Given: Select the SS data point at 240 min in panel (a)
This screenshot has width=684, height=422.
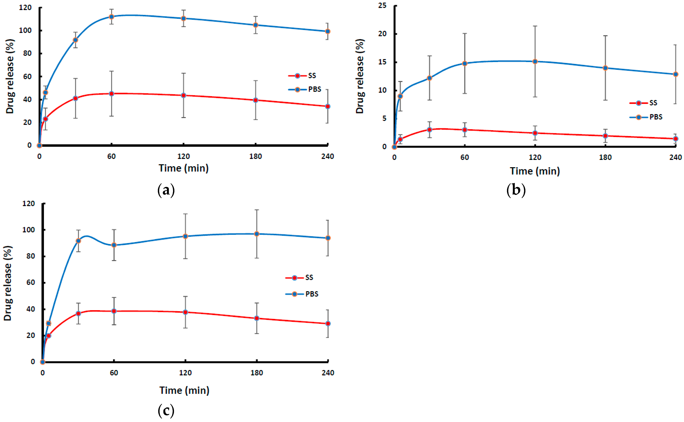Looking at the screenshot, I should [327, 106].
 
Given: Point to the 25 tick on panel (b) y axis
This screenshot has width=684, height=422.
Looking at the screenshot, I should [382, 5].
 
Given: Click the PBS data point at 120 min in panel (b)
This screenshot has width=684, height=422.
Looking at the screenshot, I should [535, 61].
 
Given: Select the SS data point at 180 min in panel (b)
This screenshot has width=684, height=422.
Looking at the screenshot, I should [605, 136].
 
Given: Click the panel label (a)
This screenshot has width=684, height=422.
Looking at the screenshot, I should [166, 190].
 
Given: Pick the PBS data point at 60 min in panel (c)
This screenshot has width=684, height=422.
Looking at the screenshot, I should [114, 245].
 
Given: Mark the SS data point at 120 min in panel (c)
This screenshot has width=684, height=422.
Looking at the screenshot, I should [185, 312].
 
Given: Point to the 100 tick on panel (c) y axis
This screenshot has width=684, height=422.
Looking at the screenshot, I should [28, 230].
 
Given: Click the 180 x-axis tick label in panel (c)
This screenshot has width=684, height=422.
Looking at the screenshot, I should [256, 373].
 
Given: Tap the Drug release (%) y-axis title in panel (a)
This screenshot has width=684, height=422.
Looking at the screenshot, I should [9, 76].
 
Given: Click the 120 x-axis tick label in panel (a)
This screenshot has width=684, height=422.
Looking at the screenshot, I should [183, 156].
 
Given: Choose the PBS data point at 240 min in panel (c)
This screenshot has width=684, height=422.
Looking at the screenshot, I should [328, 238].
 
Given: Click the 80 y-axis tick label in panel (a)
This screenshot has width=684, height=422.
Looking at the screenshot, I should [27, 53].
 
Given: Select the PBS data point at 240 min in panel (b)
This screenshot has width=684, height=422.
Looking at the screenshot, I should [675, 74].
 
